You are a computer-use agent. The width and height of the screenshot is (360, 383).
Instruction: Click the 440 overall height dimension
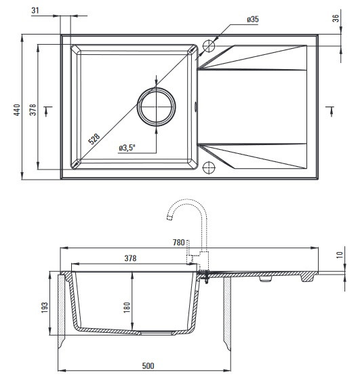[x=17, y=110]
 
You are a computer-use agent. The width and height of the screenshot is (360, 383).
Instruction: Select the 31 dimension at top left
[x=35, y=10]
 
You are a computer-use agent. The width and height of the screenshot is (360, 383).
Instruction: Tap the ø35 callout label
[x=252, y=19]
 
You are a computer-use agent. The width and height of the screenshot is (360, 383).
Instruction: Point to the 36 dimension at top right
[x=336, y=18]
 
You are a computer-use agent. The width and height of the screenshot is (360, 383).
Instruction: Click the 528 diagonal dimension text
[x=94, y=139]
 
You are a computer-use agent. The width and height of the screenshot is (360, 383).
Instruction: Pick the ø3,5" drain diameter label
[x=127, y=148]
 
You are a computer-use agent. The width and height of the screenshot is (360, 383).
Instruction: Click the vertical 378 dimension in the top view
[x=33, y=110]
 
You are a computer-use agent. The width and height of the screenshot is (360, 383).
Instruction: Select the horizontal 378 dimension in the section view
[x=130, y=258]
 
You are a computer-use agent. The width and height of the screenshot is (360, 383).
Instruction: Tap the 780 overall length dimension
[x=178, y=242]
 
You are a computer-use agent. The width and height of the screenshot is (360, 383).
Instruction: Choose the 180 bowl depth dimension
[x=127, y=307]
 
